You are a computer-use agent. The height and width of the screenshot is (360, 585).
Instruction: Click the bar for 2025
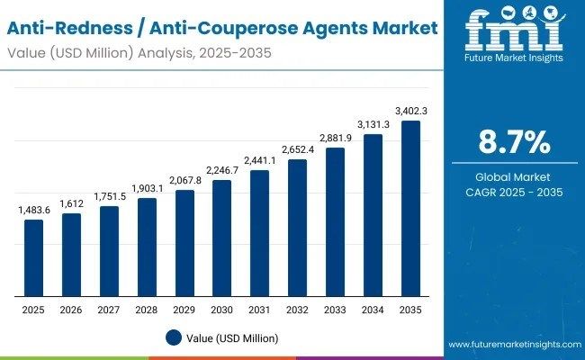click(33, 257)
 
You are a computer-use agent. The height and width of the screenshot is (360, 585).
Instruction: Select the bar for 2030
click(221, 238)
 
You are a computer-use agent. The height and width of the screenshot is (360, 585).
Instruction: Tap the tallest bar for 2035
click(410, 208)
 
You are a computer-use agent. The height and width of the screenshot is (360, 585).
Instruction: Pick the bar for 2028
click(147, 247)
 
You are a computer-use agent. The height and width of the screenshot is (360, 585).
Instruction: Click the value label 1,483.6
click(33, 210)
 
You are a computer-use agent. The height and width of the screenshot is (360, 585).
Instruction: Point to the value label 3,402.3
click(410, 111)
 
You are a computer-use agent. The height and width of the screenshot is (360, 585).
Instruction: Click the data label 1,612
click(71, 203)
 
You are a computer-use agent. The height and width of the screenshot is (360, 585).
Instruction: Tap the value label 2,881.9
click(335, 138)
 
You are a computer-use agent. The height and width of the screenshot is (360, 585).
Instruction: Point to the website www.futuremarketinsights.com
click(513, 345)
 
